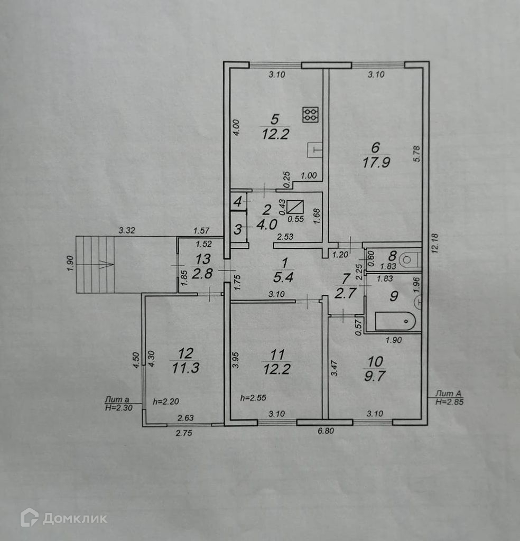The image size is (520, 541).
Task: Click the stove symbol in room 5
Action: (x=310, y=115)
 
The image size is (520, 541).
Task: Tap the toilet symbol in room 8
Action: (x=409, y=259)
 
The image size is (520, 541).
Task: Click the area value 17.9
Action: (x=376, y=163)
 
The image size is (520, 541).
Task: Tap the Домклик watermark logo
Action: (x=63, y=518)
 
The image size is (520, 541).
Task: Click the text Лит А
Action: (x=446, y=394)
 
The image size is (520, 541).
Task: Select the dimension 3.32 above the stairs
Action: (x=127, y=230)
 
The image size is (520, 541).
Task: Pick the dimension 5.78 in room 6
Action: (x=416, y=153)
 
